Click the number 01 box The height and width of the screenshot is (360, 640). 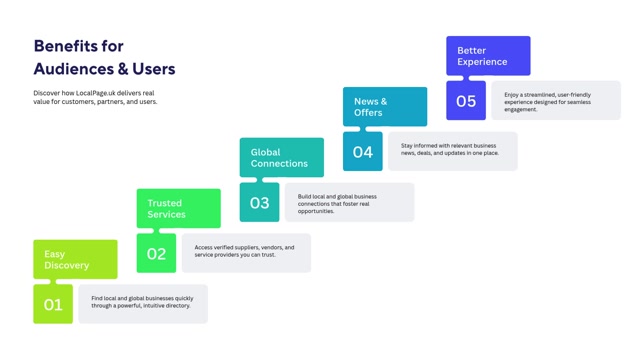(53, 304)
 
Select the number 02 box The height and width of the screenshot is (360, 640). (156, 253)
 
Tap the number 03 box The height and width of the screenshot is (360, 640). (260, 202)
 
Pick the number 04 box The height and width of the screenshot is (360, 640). (363, 151)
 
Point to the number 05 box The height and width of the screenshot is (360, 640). (466, 100)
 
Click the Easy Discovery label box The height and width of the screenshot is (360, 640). (76, 260)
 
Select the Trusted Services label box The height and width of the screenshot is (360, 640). (179, 209)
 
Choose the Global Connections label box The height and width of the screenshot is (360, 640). (282, 158)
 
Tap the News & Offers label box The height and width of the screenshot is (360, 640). (385, 107)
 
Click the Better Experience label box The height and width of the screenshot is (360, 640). (489, 56)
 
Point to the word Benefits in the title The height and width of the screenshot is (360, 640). (66, 46)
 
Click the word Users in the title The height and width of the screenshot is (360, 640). (154, 69)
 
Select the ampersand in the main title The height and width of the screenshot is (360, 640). (123, 69)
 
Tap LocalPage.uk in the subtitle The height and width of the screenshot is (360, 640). (96, 93)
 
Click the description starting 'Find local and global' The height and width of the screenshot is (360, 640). (142, 302)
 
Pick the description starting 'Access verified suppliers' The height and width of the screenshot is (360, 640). (244, 251)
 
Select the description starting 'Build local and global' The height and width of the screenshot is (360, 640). (338, 204)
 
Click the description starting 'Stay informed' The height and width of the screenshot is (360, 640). (450, 149)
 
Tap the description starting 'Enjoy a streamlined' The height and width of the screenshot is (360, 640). (547, 102)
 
